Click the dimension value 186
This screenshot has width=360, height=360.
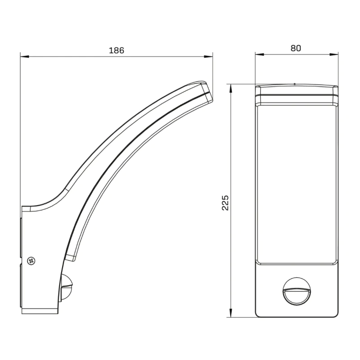[117, 50]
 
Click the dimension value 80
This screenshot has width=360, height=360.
[296, 48]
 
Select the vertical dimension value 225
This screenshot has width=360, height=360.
[225, 203]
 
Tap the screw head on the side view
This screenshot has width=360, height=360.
[31, 261]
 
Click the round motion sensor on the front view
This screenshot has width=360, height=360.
[297, 291]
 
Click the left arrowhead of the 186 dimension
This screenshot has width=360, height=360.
[25, 56]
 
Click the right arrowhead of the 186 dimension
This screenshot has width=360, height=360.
[208, 56]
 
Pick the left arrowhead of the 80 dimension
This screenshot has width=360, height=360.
[260, 54]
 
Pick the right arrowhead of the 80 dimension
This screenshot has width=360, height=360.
[334, 54]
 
